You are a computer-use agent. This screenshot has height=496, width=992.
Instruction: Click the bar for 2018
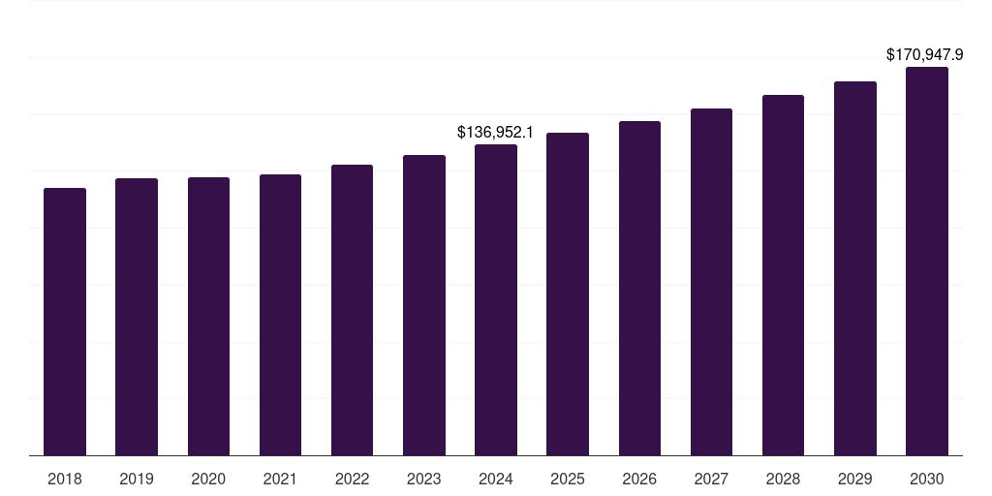pos(65,322)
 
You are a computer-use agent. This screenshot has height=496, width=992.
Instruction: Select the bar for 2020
pos(208,316)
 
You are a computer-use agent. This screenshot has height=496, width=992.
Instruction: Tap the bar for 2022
pos(352,310)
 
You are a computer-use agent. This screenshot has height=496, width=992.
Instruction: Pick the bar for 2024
pos(496,299)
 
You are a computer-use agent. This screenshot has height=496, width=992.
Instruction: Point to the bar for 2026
pos(639,288)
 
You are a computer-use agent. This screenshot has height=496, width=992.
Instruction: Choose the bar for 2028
pos(783,275)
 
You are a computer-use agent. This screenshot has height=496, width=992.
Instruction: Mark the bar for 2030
pos(926,261)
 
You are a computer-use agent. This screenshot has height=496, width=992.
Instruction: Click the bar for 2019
pos(137,317)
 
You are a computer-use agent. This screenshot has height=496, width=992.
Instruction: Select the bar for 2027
pos(711,282)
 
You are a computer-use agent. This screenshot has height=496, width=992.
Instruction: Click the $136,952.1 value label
pos(496,131)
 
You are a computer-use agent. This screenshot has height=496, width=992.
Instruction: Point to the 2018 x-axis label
pos(65,479)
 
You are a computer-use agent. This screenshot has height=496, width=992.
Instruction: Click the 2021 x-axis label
pos(280,479)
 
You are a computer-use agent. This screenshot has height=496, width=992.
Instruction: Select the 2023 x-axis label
pos(423,479)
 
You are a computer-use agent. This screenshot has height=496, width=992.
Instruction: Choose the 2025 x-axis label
pos(568,479)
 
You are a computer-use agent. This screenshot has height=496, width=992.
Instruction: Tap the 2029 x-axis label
pos(854,479)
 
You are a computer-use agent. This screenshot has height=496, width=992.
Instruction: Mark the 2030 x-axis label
pos(926,479)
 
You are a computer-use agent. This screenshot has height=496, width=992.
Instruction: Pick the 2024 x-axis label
pos(496,479)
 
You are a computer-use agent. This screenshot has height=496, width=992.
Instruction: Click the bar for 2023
pos(423,305)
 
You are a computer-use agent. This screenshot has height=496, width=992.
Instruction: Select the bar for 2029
pos(854,268)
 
